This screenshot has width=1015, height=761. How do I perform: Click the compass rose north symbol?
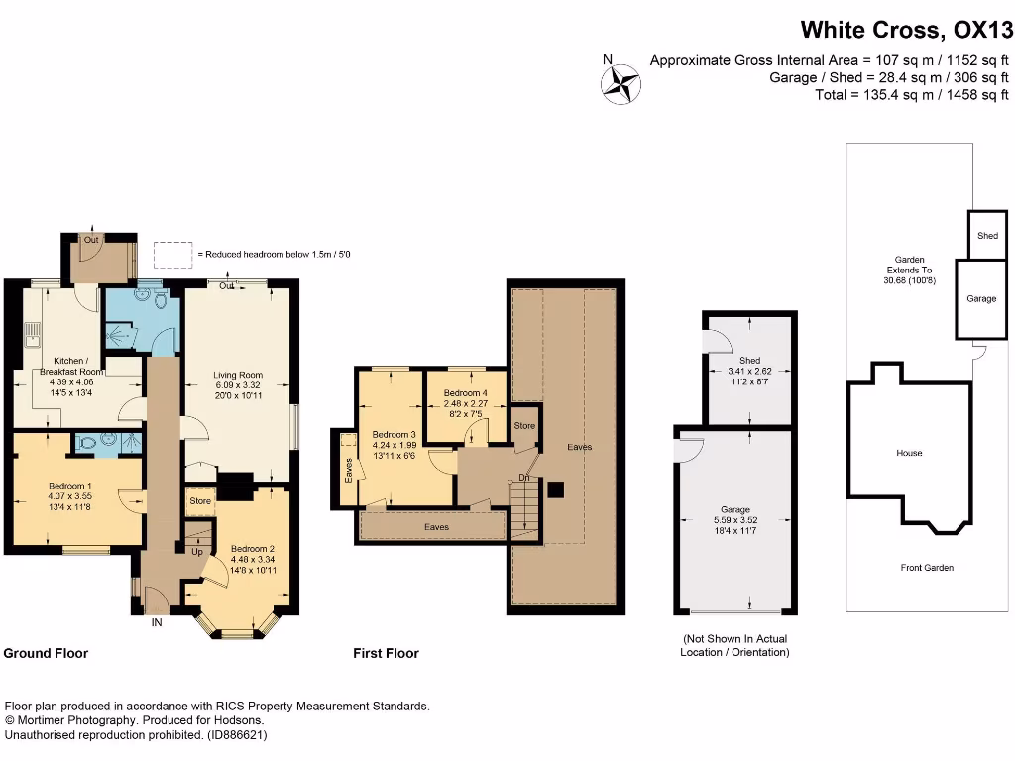pos(623,81)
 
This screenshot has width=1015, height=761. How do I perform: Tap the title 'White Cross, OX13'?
pos(906,29)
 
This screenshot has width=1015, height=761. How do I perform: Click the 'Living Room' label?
pos(238,375)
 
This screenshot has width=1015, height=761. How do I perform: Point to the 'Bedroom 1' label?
pos(69,486)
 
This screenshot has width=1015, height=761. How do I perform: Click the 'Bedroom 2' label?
pos(252,549)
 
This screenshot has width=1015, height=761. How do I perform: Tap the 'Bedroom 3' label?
pos(394,434)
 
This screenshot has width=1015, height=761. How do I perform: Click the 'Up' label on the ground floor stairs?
pos(197,552)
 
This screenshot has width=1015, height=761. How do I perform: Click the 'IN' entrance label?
pos(157,622)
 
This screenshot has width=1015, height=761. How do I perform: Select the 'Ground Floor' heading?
pos(46,653)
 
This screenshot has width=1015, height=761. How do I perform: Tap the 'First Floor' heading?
pos(386,653)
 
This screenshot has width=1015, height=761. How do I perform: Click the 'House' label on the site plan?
pos(909,453)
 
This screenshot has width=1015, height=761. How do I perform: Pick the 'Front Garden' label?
pos(928,568)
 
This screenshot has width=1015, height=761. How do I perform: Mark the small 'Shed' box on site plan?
pos(987,236)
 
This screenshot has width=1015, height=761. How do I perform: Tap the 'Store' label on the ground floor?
pos(200,501)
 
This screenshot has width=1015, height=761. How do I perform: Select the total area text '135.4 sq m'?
pos(878,95)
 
